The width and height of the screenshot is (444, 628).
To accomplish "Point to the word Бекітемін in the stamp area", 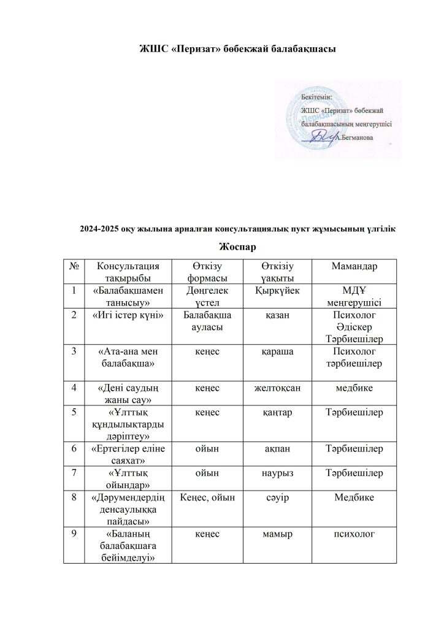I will [x=317, y=97].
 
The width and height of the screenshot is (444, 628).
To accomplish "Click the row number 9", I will [x=74, y=534].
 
